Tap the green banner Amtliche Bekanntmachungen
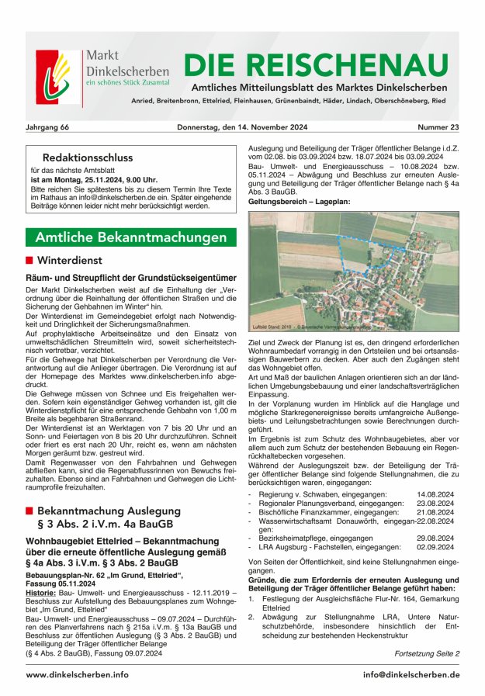131,237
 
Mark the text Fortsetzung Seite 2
427,653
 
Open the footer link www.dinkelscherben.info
77,675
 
